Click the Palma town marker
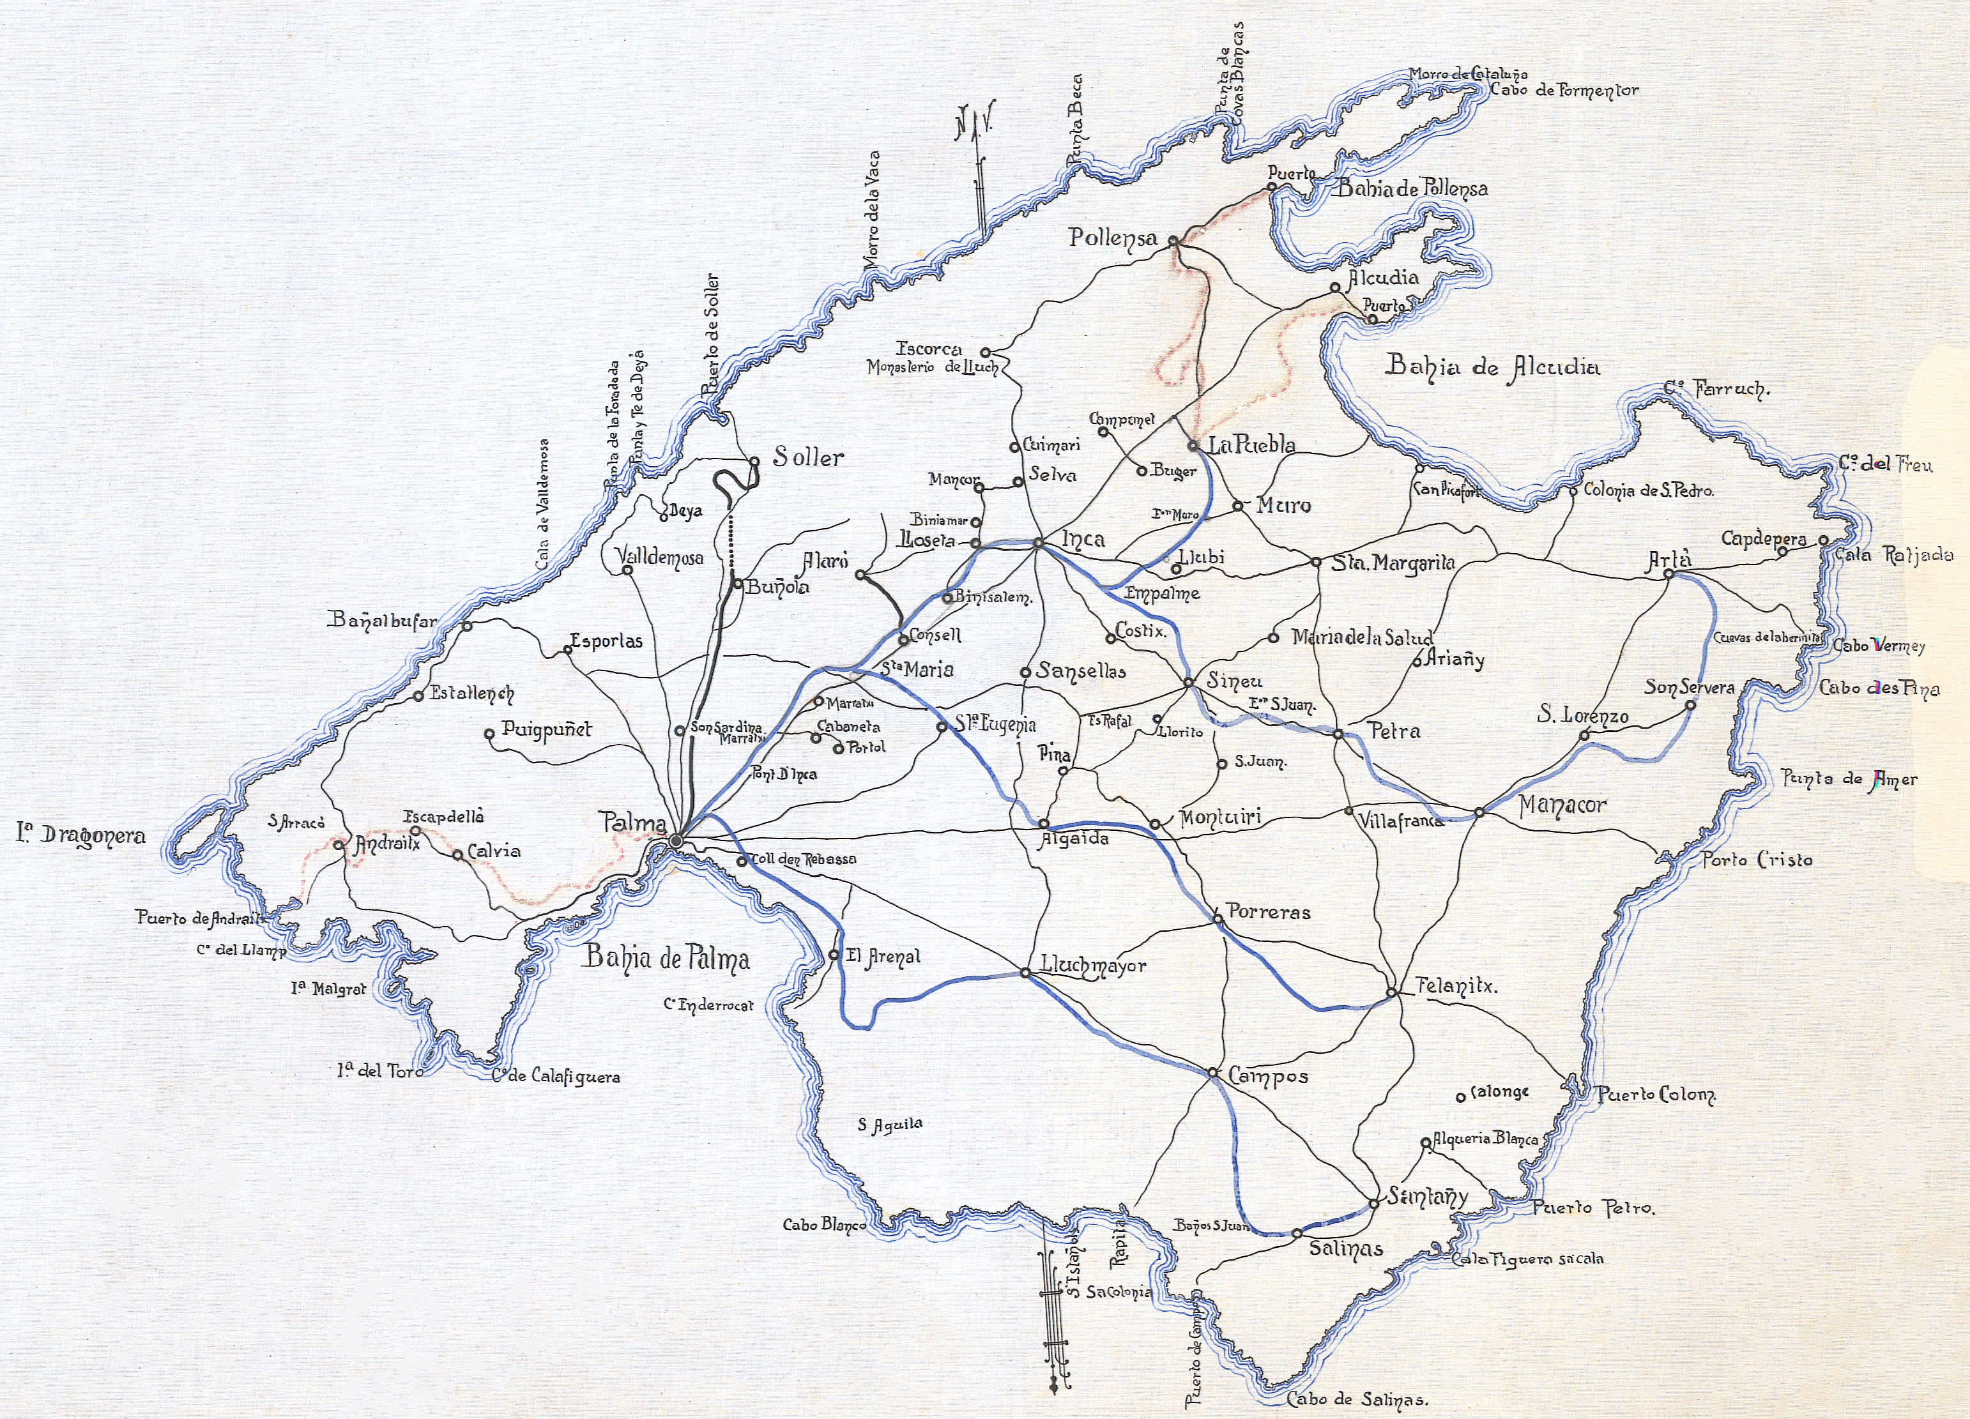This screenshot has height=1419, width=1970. [x=676, y=840]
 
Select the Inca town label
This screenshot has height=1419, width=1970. [x=1083, y=539]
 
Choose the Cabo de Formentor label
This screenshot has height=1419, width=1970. [x=1564, y=89]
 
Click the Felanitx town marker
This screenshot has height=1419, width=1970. [x=1391, y=992]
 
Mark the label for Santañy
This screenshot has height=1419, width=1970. [x=1426, y=1197]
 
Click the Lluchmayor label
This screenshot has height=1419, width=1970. [x=1094, y=966]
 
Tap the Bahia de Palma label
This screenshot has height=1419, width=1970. [x=666, y=958]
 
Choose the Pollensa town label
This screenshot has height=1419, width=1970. [x=1113, y=237]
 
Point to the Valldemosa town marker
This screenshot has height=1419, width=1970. [x=626, y=570]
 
